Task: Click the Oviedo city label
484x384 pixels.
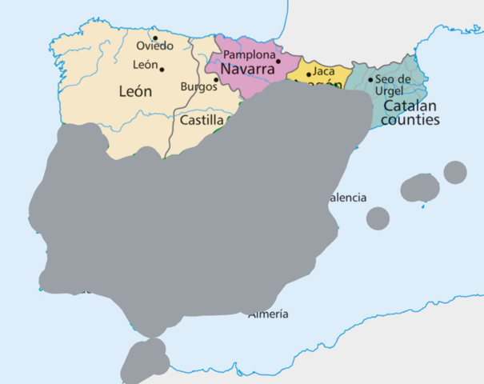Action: [x=154, y=46]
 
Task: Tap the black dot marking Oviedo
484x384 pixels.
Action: [x=155, y=38]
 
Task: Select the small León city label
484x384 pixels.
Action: [x=145, y=65]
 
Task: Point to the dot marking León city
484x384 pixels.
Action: [x=162, y=69]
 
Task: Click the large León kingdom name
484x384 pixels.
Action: [x=135, y=91]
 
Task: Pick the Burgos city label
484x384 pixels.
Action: [x=199, y=86]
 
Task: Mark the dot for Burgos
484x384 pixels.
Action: [x=216, y=79]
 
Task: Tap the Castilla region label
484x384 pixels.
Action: [x=202, y=121]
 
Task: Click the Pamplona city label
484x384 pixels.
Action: [x=249, y=54]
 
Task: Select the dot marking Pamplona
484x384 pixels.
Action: [x=278, y=61]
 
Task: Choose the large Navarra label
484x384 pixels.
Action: [x=247, y=70]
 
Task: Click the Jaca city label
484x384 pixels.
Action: [x=324, y=71]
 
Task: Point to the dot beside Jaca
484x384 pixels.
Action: [x=309, y=74]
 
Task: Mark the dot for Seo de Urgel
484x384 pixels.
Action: [x=370, y=79]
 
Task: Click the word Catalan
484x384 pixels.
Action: [x=410, y=106]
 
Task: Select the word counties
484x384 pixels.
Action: [x=410, y=121]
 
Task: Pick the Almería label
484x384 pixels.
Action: [x=269, y=314]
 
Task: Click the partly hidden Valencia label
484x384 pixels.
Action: [x=348, y=197]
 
